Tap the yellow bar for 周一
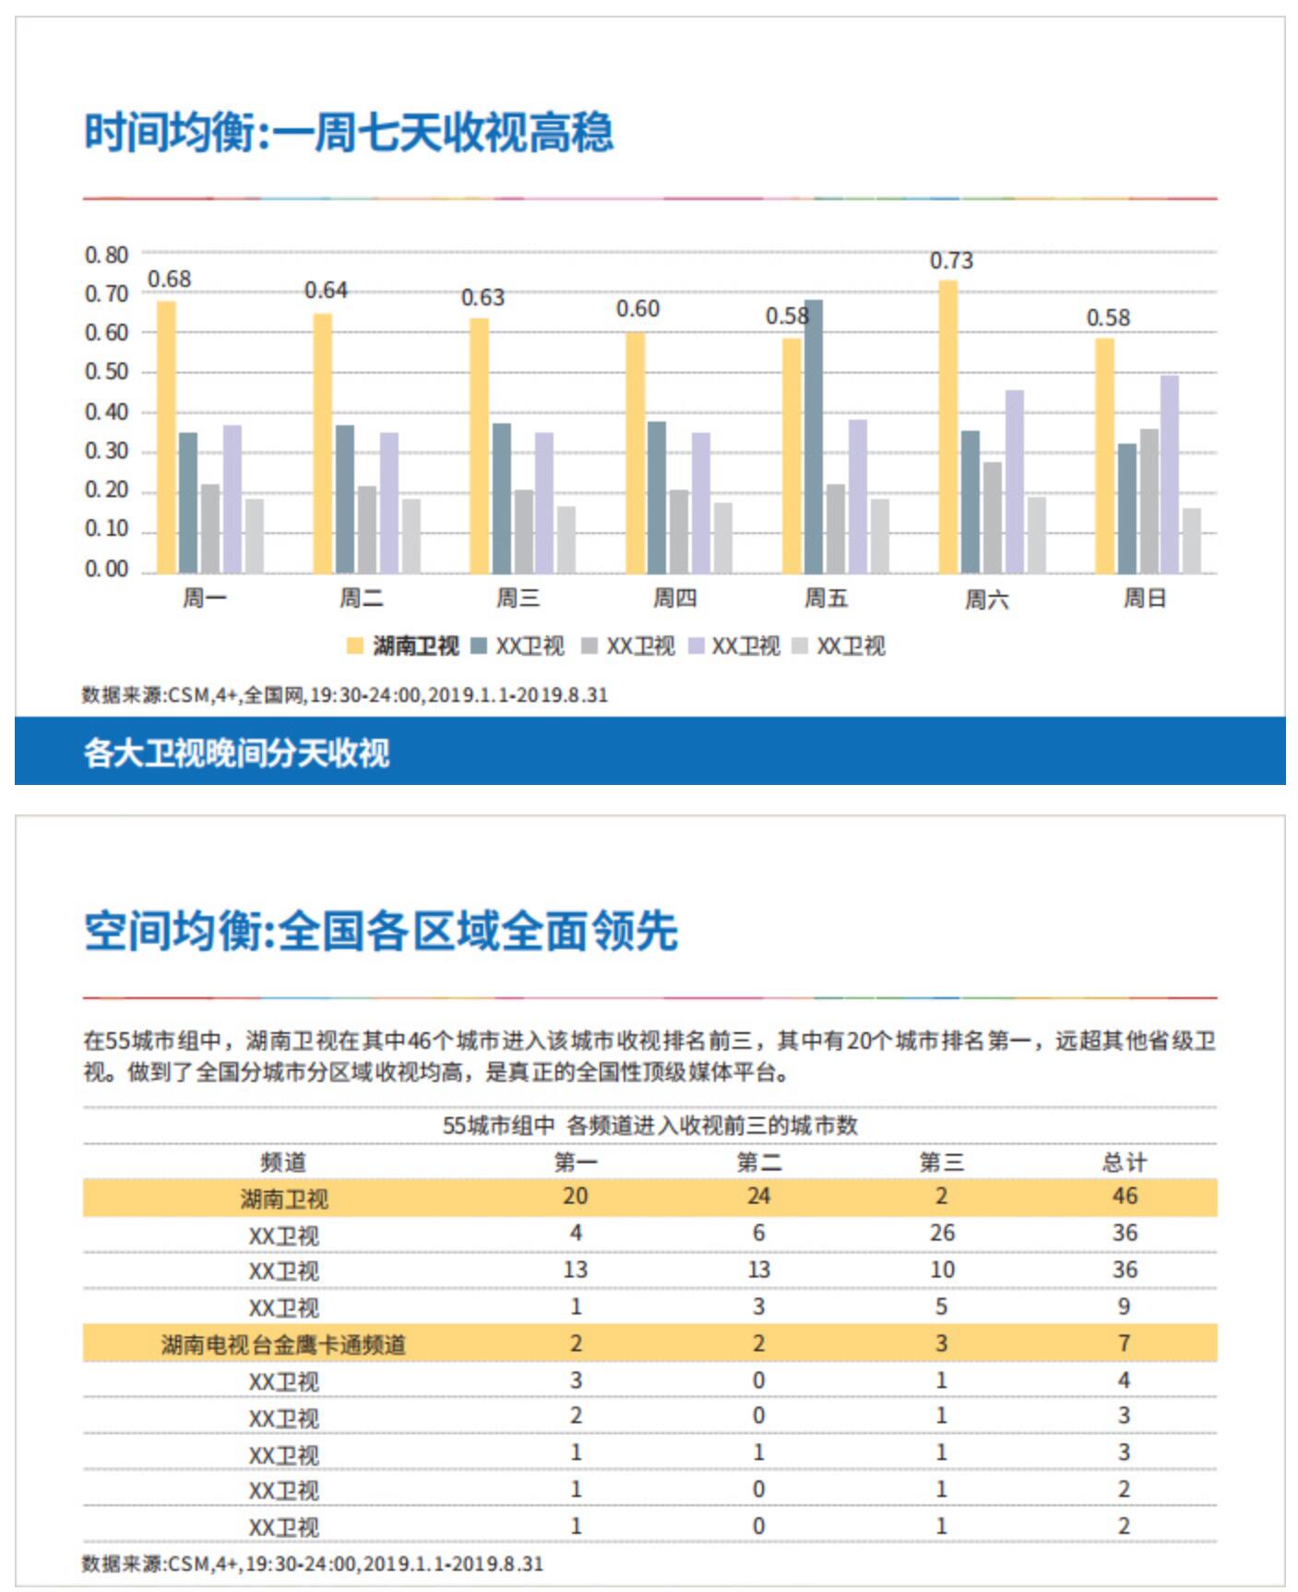pos(166,437)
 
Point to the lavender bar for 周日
pos(1169,474)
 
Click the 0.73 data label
pos(950,261)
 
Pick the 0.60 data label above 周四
pos(637,309)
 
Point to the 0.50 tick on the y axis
pos(106,372)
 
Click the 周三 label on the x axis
pos(518,599)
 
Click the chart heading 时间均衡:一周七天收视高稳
pos(348,132)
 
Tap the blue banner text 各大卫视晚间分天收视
pos(236,753)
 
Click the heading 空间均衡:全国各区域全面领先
pos(381,931)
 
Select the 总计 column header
pos(1124,1162)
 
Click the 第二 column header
pos(758,1162)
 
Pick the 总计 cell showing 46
pos(1124,1196)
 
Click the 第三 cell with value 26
pos(941,1233)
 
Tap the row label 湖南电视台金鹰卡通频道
pos(283,1344)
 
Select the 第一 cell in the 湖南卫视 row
pos(575,1196)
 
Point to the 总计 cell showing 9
pos(1124,1307)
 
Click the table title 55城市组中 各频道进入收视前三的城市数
pos(649,1125)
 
